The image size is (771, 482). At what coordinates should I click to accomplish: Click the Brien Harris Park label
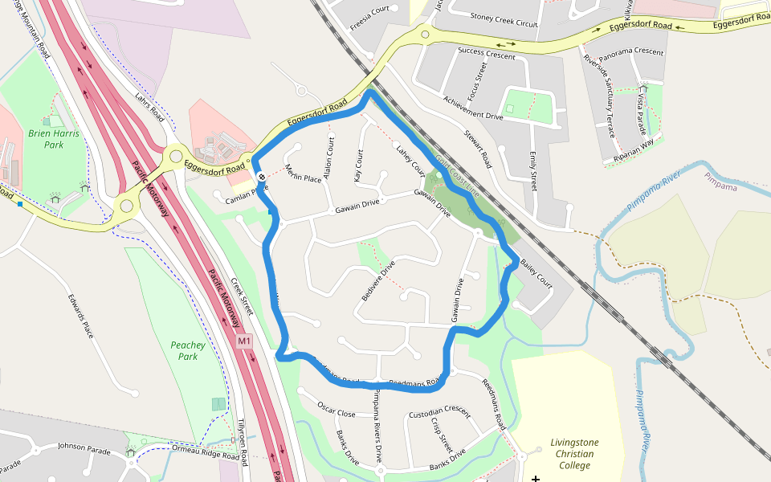[x=54, y=139]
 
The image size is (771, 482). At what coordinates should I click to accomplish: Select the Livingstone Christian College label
[x=574, y=454]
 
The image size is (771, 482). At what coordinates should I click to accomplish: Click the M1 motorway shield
[x=244, y=341]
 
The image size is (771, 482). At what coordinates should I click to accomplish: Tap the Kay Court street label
[x=358, y=165]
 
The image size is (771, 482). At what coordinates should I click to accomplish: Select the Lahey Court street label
[x=410, y=160]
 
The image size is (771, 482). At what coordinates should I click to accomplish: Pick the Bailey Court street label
[x=536, y=273]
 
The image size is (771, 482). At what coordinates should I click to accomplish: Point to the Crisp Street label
[x=442, y=435]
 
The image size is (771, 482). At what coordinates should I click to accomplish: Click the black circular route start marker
[x=261, y=176]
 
